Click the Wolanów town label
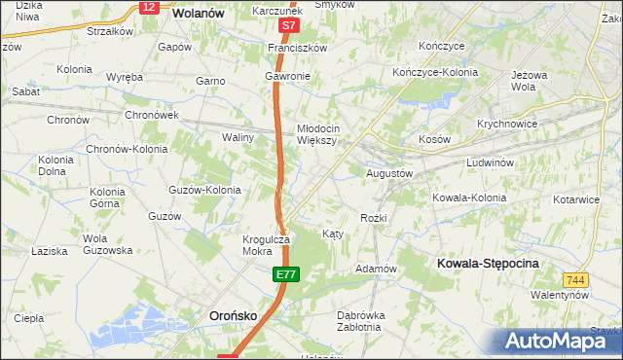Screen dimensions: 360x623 click(198, 14)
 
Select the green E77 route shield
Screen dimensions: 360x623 click(284, 277)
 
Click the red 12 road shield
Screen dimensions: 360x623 click(148, 7)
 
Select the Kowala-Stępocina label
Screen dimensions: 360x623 click(488, 264)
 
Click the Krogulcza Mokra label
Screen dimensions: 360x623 click(266, 244)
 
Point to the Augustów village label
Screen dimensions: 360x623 click(389, 173)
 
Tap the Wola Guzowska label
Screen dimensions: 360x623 click(107, 244)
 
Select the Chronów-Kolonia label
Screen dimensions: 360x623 click(127, 150)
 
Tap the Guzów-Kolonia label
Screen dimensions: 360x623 click(204, 190)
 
